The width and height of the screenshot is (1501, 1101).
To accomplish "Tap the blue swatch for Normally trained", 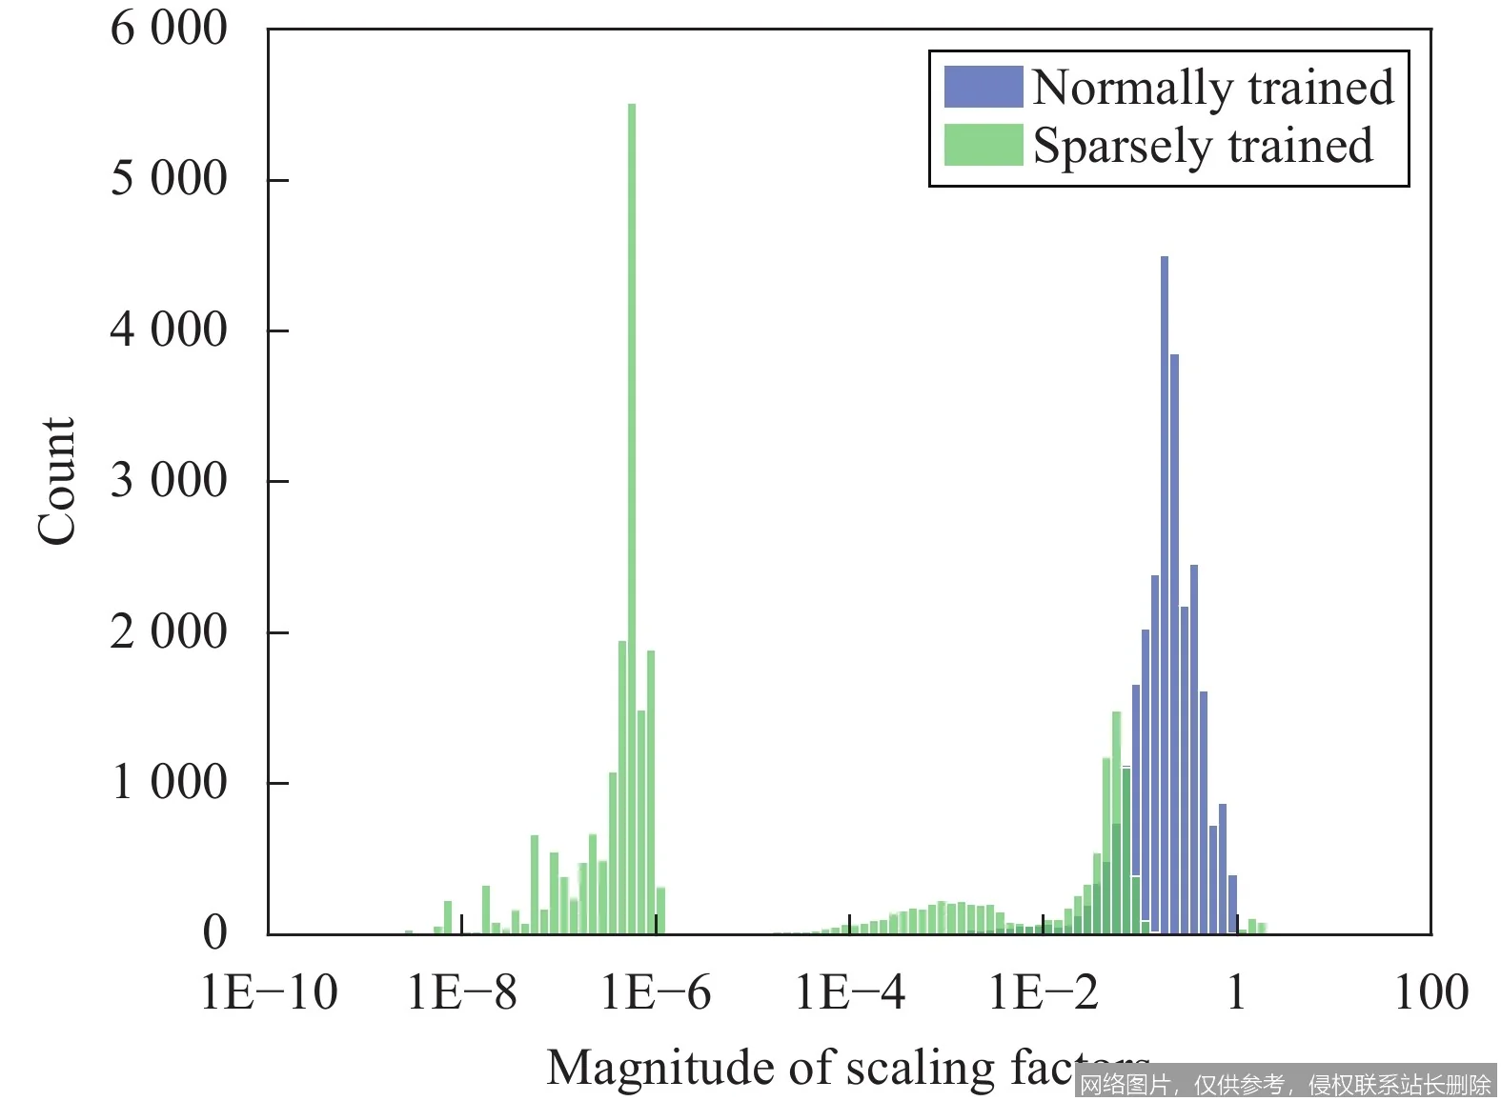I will click(983, 87).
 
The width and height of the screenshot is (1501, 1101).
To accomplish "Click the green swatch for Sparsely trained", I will click(983, 145).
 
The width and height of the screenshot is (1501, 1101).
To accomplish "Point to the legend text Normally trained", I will click(1212, 88).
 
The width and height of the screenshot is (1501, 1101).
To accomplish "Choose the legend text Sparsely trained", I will click(1203, 147).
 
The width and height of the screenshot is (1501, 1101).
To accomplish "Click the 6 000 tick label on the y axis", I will click(169, 29).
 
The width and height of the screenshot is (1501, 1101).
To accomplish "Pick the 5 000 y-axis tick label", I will click(169, 178).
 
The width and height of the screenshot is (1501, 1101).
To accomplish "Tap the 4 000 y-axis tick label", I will click(169, 330).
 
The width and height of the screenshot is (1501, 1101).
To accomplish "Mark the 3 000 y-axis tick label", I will click(169, 480).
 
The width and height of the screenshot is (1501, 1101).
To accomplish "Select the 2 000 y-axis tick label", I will click(169, 631).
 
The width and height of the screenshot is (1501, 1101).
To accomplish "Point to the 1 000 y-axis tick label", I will click(169, 782).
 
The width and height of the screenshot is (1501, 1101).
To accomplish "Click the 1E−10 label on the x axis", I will click(270, 992).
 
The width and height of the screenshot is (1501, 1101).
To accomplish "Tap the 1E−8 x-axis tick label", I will click(462, 992).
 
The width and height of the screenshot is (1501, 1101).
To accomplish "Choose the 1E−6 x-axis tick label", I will click(656, 992).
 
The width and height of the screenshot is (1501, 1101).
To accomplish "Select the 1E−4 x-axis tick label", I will click(850, 992).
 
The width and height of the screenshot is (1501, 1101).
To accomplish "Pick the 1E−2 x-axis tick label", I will click(1044, 992).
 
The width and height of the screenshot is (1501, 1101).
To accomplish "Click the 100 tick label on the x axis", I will click(1430, 992).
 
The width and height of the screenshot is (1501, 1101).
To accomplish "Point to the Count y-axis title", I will click(56, 481).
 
